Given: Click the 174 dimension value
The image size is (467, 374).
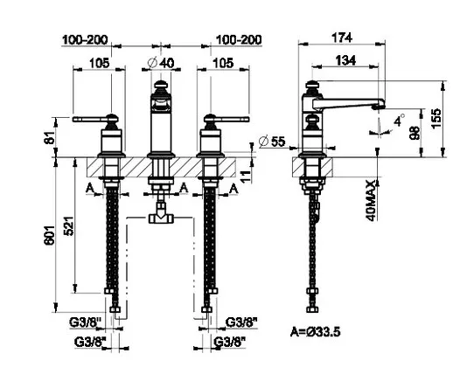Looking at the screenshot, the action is tap(342, 38).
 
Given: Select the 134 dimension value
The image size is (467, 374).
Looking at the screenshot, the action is tap(345, 60).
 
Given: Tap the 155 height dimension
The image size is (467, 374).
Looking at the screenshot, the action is tap(436, 118).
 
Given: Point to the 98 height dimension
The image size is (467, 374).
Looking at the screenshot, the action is tap(415, 133).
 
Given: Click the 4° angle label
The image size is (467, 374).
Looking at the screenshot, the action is tap(400, 121).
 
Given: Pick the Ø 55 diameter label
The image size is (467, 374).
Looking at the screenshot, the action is tap(272, 141).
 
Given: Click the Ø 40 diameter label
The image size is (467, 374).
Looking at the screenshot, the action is tap(161, 63).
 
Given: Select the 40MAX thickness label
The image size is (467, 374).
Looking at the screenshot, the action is tap(371, 200).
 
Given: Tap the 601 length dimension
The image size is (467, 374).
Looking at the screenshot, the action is tap(50, 235).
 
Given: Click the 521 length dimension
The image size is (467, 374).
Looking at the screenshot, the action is tap(69, 225).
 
